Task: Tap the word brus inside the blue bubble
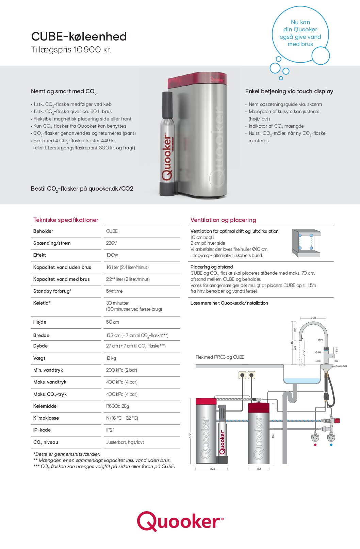pos(307,44)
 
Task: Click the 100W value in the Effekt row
pos(112,255)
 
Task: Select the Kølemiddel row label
pos(45,406)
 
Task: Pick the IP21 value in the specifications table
pos(110,430)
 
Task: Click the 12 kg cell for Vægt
pos(111,358)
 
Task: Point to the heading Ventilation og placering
pos(223,220)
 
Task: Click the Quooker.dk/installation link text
pos(244,303)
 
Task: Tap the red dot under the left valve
pos(315,445)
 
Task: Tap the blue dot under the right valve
pos(331,445)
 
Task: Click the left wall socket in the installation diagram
pos(242,375)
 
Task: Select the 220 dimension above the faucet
pos(313,318)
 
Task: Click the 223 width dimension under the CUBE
pos(212,469)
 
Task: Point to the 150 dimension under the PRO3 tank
pos(259,469)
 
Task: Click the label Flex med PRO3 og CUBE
pos(220,357)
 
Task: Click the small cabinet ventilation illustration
pos(306,243)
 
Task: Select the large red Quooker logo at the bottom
pos(180,521)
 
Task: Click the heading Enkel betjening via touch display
pos(289,91)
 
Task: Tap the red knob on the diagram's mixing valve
pos(337,421)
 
